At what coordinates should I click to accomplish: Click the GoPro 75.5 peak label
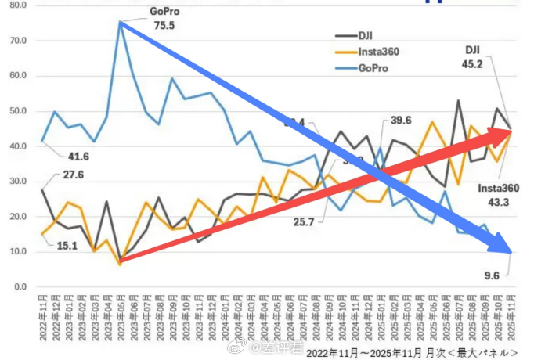pyautogui.click(x=164, y=19)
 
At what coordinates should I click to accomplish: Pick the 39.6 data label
pyautogui.click(x=401, y=120)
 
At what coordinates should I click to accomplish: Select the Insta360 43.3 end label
pyautogui.click(x=500, y=196)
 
